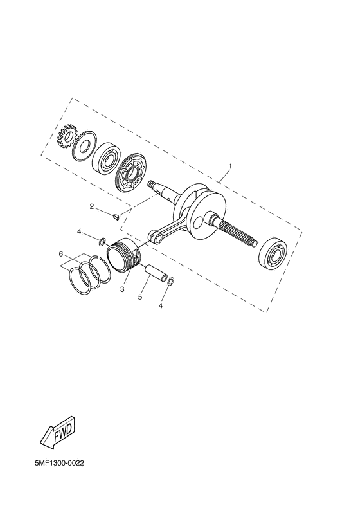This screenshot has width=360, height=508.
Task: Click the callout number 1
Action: (x=230, y=167)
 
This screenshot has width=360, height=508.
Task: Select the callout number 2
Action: (x=92, y=206)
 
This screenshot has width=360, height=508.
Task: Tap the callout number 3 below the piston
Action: (x=122, y=289)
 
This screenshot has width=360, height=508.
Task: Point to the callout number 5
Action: (x=140, y=297)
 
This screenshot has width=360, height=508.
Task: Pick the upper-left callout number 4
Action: (x=79, y=231)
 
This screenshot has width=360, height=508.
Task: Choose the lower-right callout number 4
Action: (x=161, y=305)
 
